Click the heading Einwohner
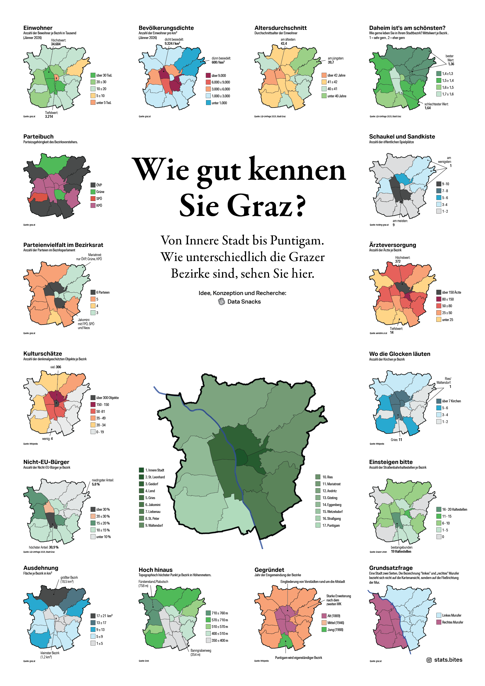38,28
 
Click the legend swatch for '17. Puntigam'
318,525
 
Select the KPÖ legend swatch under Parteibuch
93,205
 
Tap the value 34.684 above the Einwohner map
56,44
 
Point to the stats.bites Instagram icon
429,660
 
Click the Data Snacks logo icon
221,301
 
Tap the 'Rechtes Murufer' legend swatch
439,622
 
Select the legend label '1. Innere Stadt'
155,470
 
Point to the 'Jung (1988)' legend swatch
324,630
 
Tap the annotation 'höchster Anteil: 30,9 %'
44,547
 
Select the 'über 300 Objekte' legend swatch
93,398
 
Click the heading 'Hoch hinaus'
155,570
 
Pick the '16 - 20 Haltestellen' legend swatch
439,509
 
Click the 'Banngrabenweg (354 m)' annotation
200,652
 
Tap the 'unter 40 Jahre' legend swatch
324,96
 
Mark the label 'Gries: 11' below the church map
396,440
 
